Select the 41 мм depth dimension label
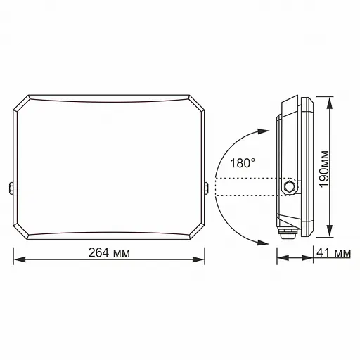[334, 252]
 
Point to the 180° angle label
[242, 162]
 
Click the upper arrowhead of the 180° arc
[262, 131]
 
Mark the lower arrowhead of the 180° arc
[262, 243]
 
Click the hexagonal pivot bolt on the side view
[289, 187]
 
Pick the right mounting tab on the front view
[206, 188]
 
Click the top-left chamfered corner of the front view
[20, 101]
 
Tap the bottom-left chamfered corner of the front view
[20, 235]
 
